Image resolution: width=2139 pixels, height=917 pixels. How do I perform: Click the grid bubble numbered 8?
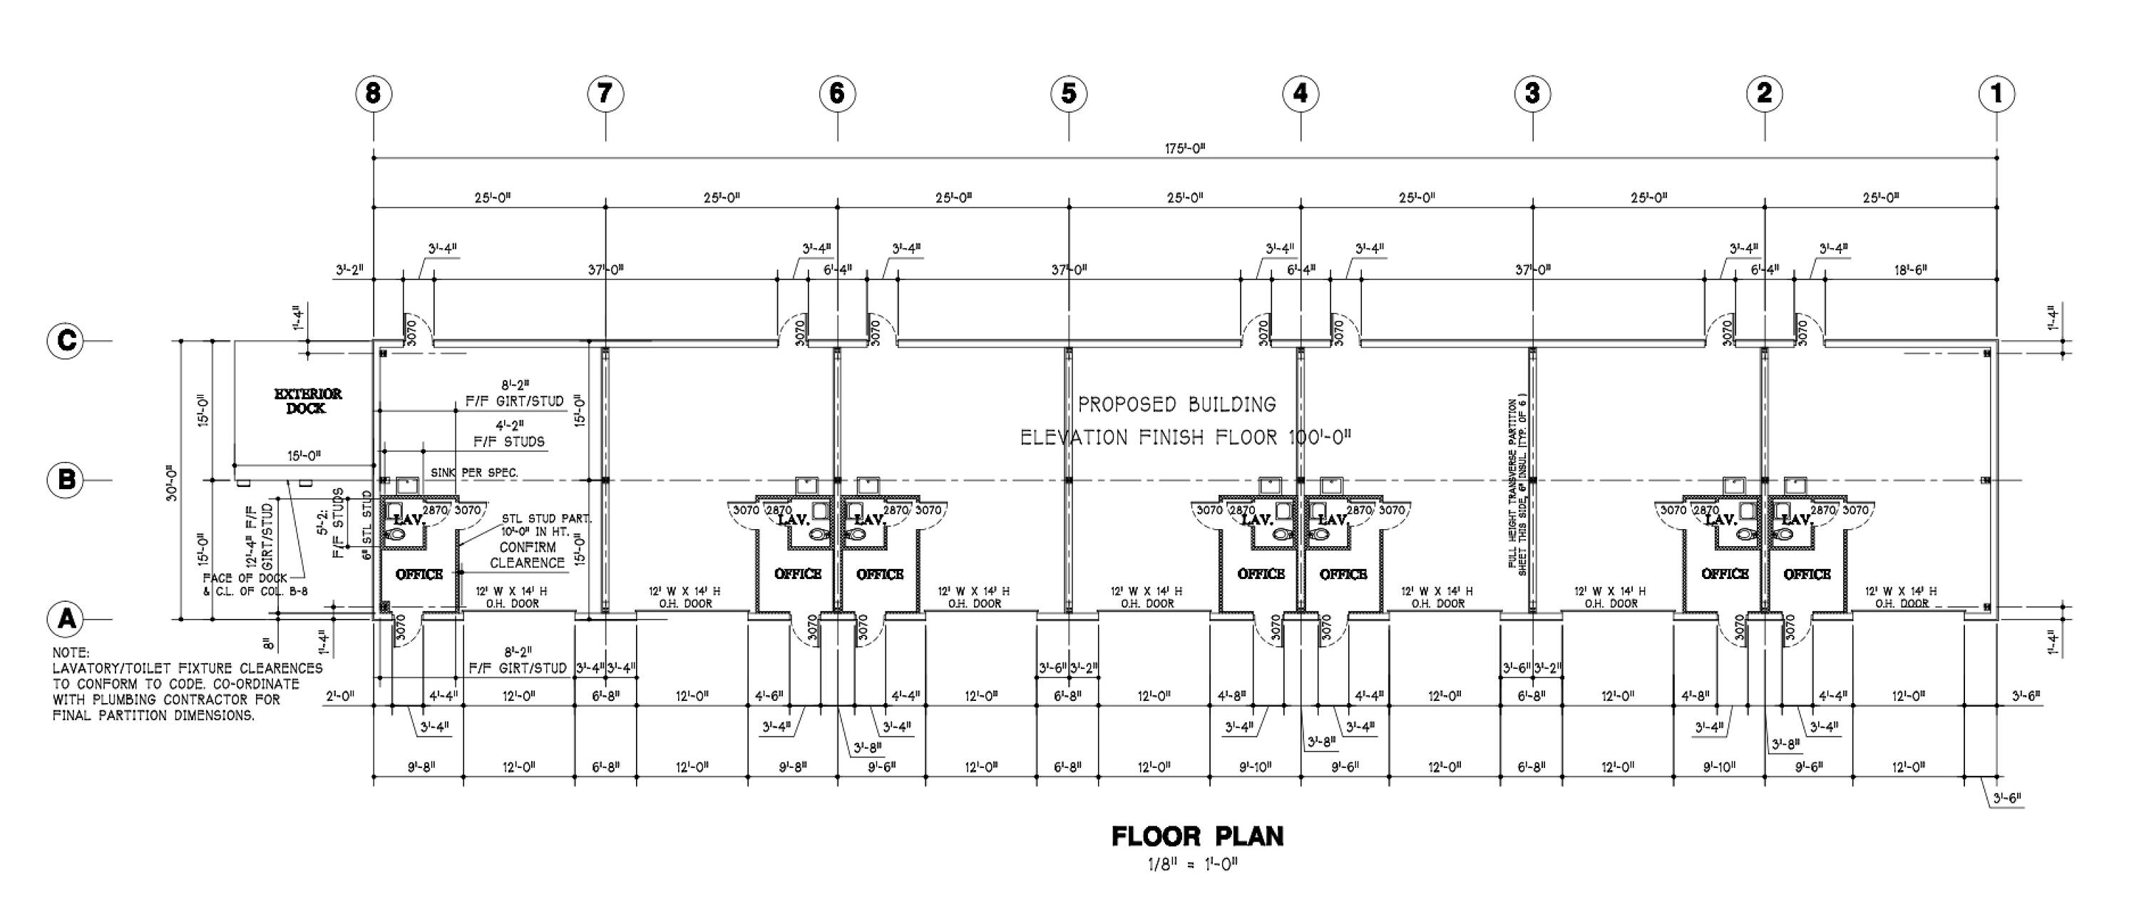(x=373, y=93)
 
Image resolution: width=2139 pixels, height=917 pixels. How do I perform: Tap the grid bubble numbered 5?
(x=1069, y=93)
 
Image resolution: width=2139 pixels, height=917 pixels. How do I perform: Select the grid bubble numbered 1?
(x=1996, y=93)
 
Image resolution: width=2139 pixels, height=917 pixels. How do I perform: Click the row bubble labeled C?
(x=66, y=341)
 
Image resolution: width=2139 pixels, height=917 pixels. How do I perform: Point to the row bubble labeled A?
(x=66, y=619)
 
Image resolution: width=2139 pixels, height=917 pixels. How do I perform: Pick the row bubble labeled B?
(x=66, y=480)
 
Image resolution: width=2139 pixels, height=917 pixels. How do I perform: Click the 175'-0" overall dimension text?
(x=1185, y=149)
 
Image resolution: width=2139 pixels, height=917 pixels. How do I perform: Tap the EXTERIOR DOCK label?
(x=307, y=400)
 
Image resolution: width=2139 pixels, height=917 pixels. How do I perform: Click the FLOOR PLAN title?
(x=1197, y=836)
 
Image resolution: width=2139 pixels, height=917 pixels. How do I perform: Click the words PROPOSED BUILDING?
(x=1176, y=404)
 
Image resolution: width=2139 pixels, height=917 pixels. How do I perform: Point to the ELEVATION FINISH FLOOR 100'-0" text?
(x=1185, y=437)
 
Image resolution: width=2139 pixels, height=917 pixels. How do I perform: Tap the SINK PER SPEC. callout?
(x=474, y=473)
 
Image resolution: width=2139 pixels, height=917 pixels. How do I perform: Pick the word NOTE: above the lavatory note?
(x=71, y=653)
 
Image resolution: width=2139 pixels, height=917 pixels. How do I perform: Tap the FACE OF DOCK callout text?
(x=246, y=578)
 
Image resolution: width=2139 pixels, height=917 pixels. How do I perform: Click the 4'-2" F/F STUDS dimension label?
(x=509, y=434)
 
